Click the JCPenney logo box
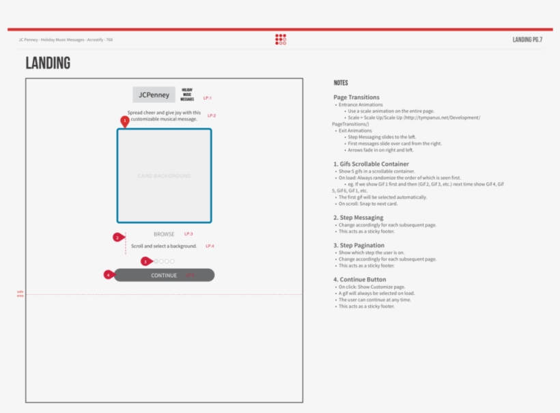[154, 95]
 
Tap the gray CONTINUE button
[164, 275]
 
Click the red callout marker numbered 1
[124, 121]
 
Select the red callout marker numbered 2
[117, 238]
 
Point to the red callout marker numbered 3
[145, 261]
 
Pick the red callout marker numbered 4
[108, 274]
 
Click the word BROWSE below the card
[164, 234]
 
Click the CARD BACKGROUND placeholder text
[164, 176]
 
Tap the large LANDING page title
[48, 63]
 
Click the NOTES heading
[341, 83]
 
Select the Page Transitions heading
[356, 98]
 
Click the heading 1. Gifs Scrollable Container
[371, 164]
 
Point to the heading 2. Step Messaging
[359, 218]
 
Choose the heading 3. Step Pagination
[359, 245]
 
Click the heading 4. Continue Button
[360, 279]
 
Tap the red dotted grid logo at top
[281, 40]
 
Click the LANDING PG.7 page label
[527, 40]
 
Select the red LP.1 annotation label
[208, 98]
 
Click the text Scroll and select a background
[164, 246]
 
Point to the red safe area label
[20, 294]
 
